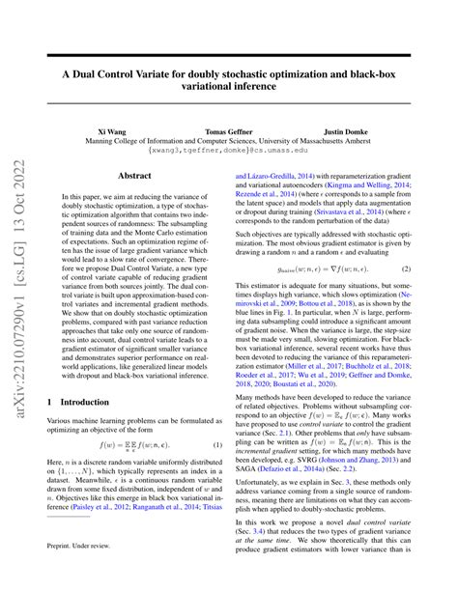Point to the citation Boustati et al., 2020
(x=318, y=384)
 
